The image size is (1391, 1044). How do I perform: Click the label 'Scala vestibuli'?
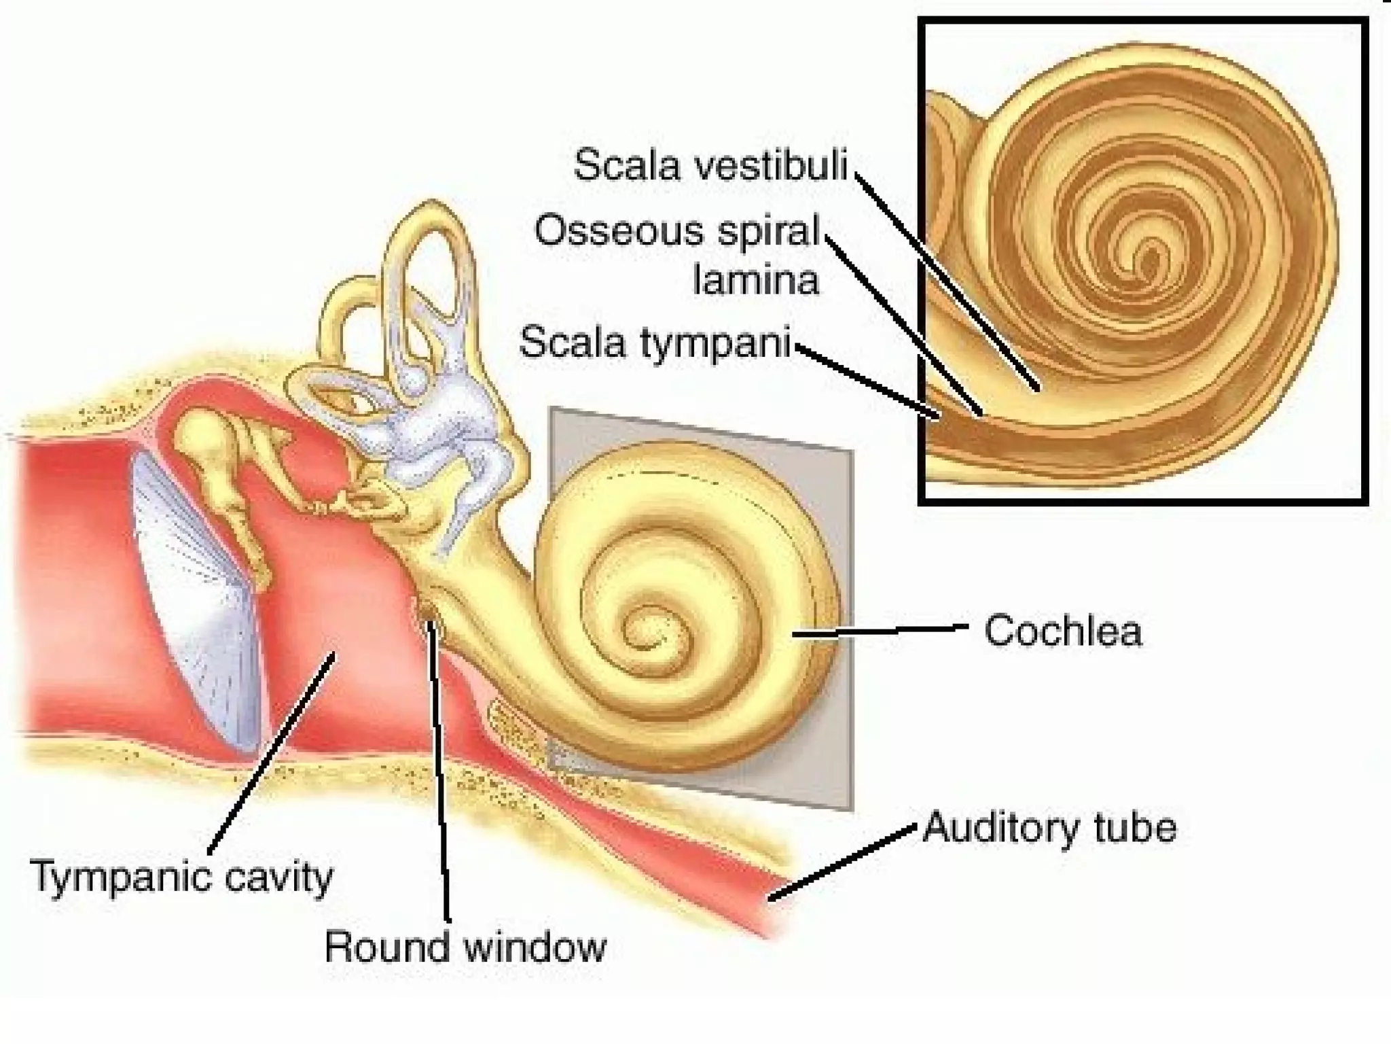pos(710,165)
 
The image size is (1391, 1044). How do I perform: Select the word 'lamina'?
pos(756,280)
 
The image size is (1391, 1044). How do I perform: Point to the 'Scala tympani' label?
pos(655,341)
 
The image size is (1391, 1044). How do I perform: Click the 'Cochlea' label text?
pos(1063,631)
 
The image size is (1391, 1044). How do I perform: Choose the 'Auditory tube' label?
pos(1049,828)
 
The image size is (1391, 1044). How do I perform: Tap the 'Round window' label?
pos(465,946)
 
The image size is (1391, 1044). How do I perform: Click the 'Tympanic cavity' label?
pos(182,877)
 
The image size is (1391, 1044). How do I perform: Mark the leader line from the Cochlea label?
pos(883,631)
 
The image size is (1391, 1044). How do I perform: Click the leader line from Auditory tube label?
pos(842,863)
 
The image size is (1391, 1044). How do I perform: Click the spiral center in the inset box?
pos(1148,258)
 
